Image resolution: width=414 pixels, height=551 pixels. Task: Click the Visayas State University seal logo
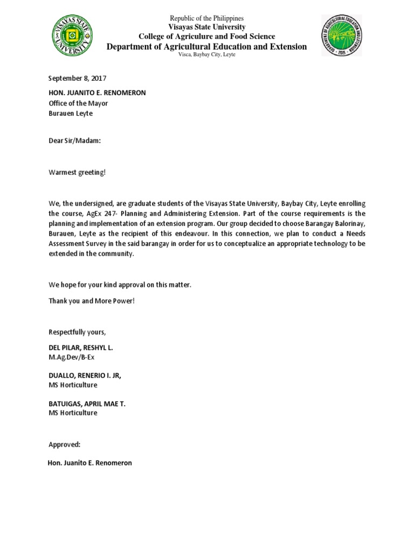(x=72, y=36)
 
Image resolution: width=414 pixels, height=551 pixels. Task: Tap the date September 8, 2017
(x=73, y=79)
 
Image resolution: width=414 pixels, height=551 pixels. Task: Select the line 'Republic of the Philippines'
(x=207, y=19)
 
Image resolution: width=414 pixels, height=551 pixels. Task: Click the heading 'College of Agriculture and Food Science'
(x=207, y=37)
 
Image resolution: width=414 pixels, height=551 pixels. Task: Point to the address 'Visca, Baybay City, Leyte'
(x=207, y=55)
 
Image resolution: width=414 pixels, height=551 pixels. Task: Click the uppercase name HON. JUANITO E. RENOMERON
(x=97, y=93)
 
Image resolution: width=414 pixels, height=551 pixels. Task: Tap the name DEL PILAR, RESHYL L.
(x=81, y=348)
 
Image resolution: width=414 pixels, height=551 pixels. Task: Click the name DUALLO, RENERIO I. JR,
(x=85, y=375)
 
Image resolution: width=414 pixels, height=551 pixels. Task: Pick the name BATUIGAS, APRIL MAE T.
(x=87, y=403)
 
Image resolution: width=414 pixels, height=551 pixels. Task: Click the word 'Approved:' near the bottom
(x=64, y=444)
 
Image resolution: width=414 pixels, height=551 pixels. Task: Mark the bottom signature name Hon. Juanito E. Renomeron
(x=90, y=463)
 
